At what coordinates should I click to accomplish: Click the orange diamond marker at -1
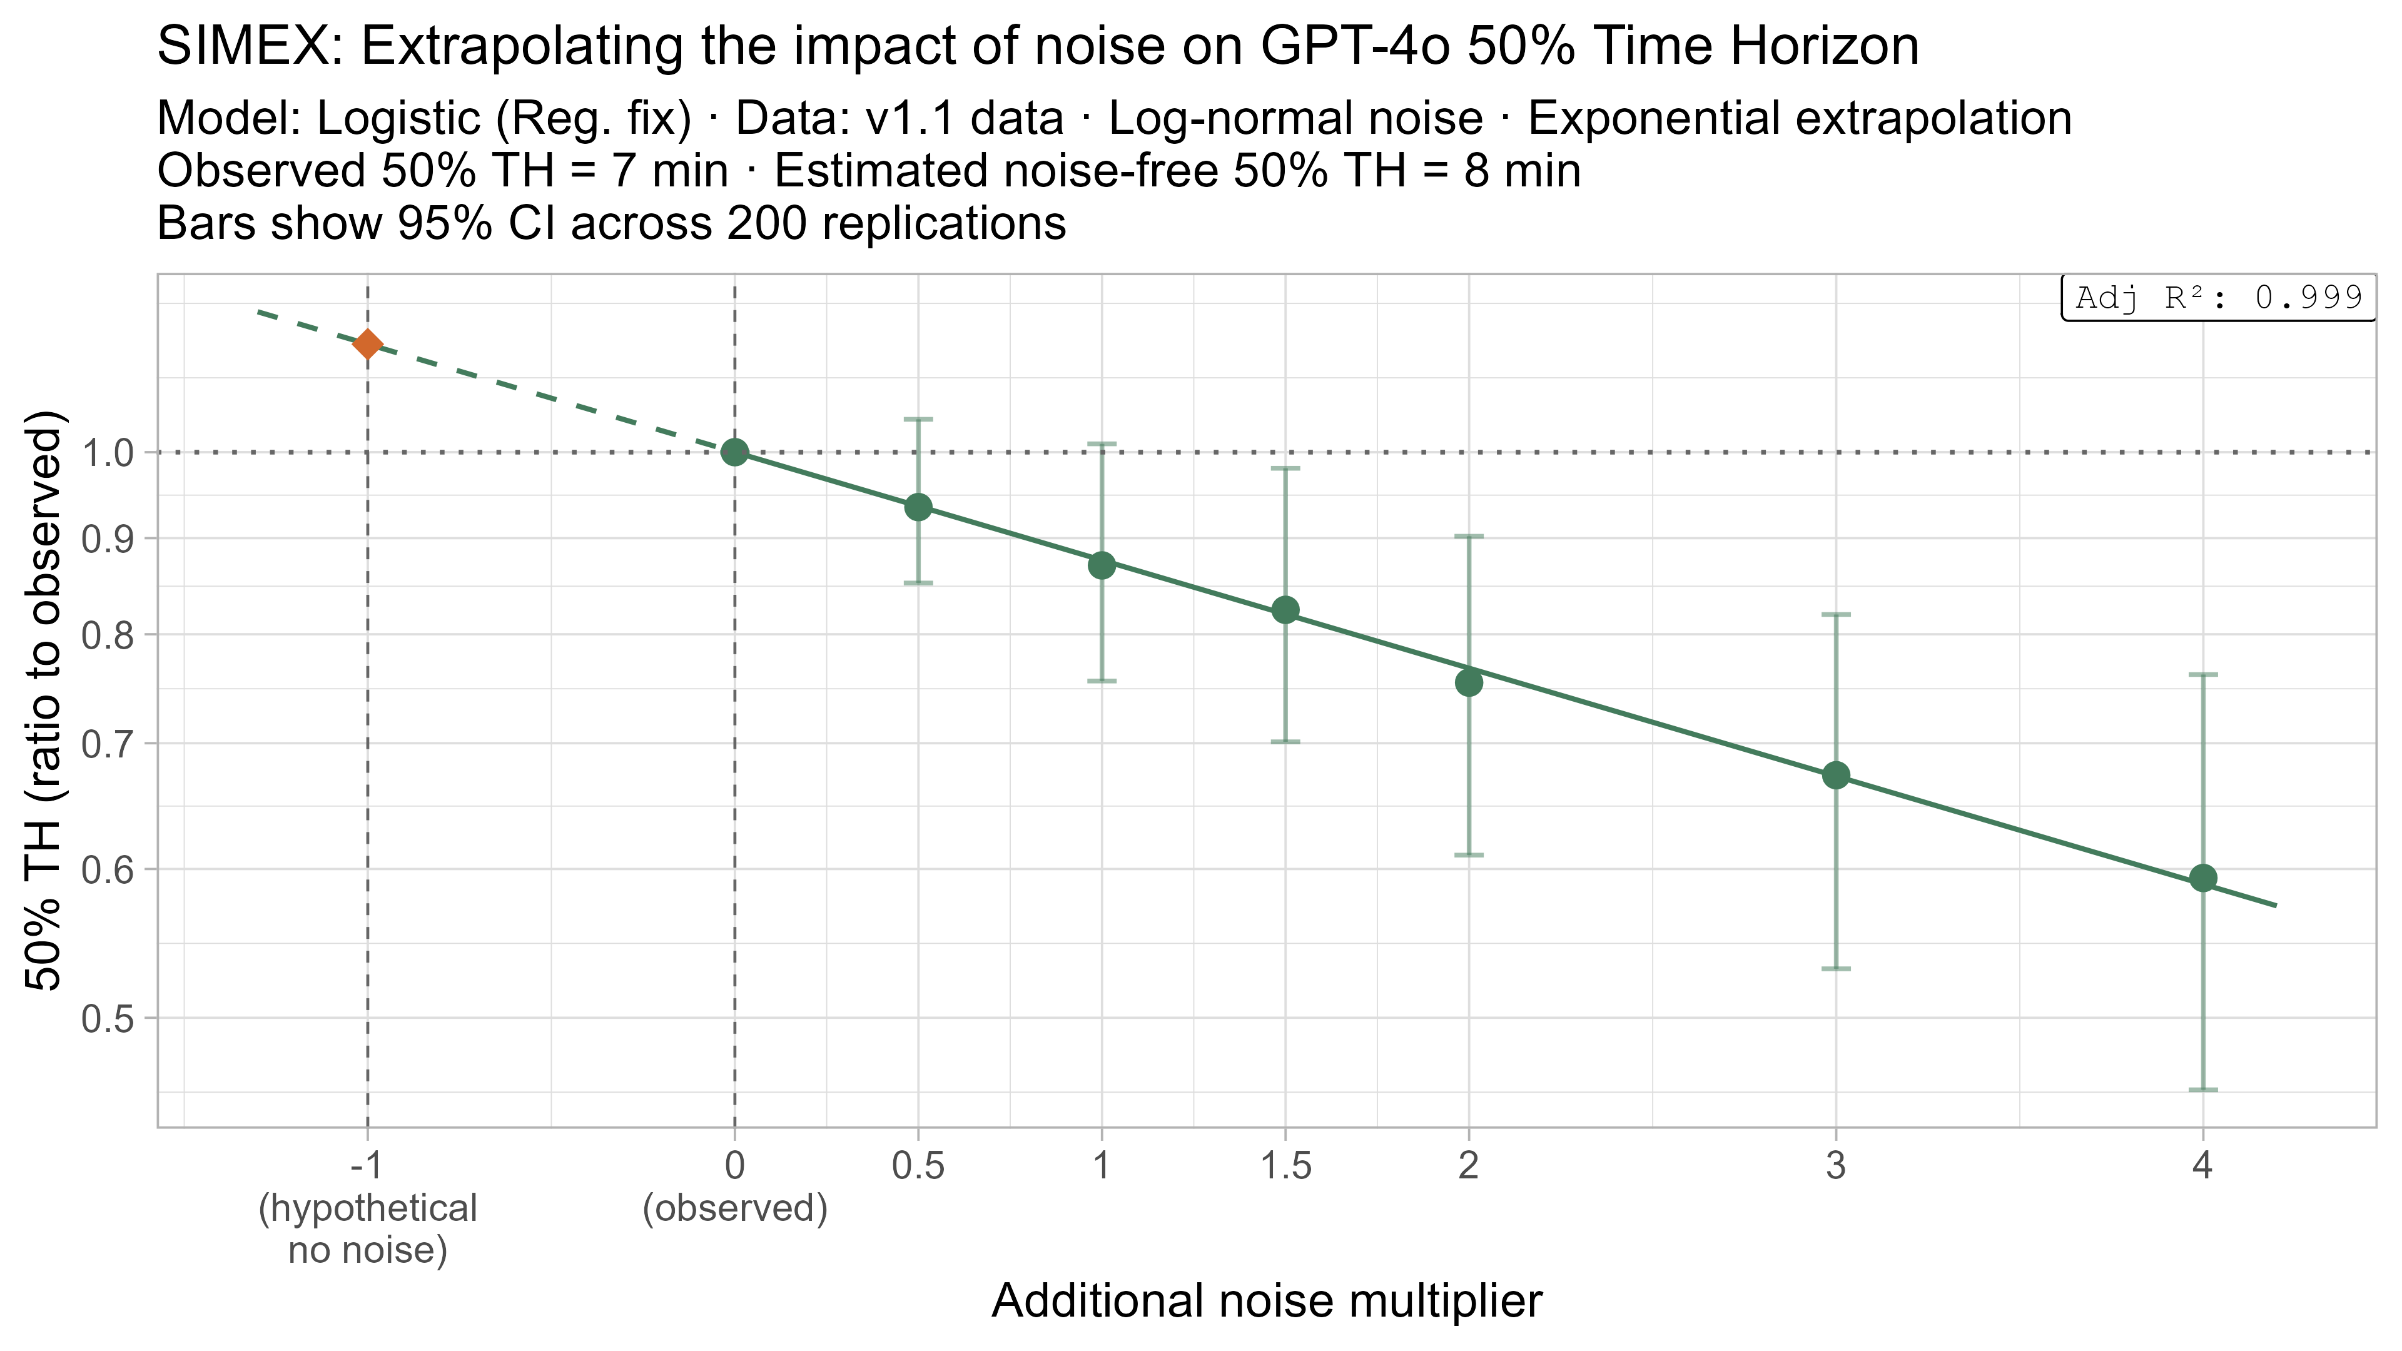click(367, 344)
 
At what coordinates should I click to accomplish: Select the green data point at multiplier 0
click(735, 452)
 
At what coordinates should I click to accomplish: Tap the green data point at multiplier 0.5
click(918, 507)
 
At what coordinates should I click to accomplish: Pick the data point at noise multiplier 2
click(1469, 682)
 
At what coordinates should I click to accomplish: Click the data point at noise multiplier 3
click(1836, 776)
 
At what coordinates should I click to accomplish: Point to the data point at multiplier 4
click(2202, 878)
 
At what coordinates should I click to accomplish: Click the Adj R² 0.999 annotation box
click(2218, 298)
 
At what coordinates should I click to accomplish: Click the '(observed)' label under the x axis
click(735, 1208)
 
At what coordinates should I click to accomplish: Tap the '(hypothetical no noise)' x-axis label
click(367, 1229)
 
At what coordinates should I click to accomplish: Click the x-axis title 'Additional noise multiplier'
click(1266, 1301)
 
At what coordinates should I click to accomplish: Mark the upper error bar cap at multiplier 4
click(2202, 674)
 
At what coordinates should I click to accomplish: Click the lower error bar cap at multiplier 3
click(1836, 969)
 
